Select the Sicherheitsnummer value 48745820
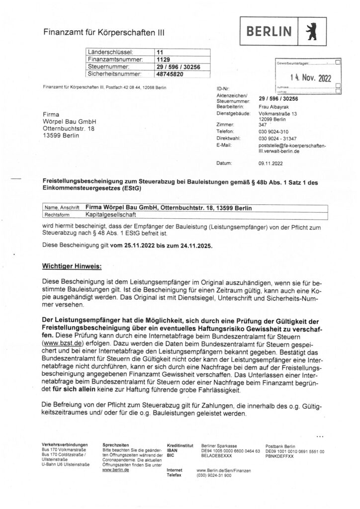(x=170, y=74)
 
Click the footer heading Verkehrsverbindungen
(x=65, y=444)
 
